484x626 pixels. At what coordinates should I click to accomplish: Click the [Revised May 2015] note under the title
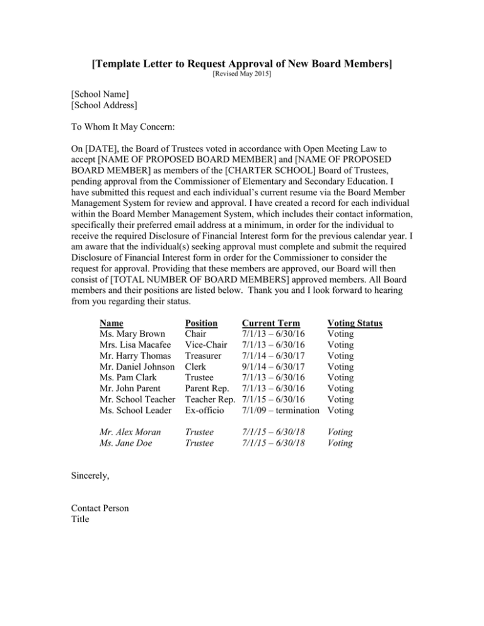(242, 74)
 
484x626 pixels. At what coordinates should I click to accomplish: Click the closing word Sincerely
(91, 477)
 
